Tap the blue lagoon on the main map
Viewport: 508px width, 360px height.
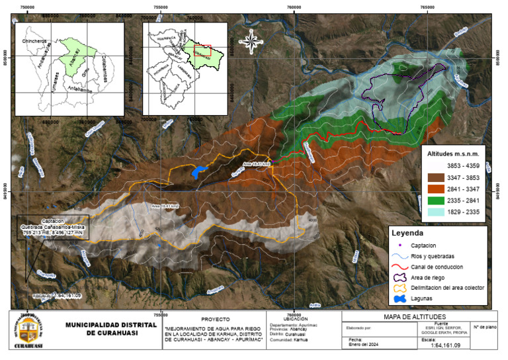point(197,172)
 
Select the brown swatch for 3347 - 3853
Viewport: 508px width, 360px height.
point(437,177)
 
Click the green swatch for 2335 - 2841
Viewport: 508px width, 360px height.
point(437,201)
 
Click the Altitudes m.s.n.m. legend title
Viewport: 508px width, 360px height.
point(455,153)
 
